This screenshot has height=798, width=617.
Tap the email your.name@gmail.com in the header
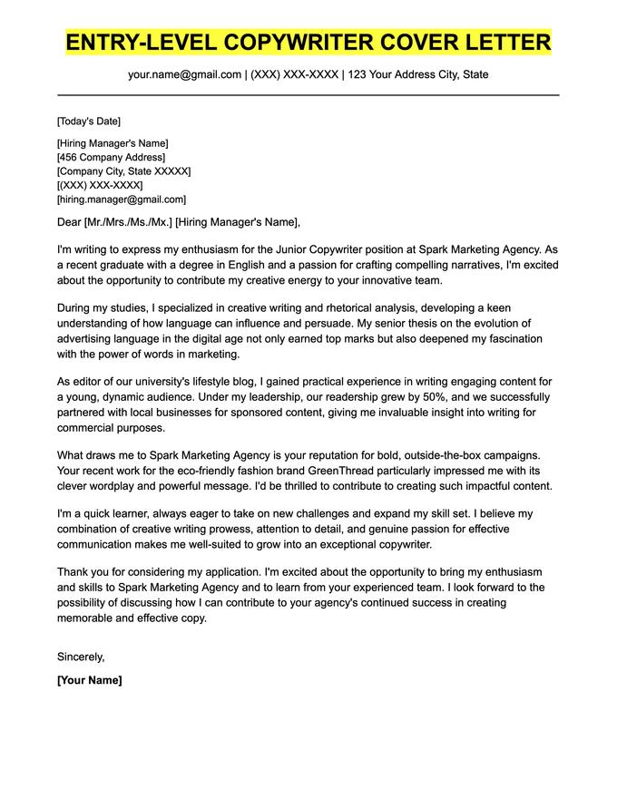click(x=184, y=74)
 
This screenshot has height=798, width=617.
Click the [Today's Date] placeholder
click(x=88, y=122)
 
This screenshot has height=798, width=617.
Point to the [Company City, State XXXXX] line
click(x=123, y=171)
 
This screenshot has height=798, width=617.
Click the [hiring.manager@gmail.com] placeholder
click(x=121, y=199)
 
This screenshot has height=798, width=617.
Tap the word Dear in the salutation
click(x=69, y=222)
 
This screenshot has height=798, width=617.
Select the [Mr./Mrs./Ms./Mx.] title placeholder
click(x=127, y=222)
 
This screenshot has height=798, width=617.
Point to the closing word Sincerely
click(x=81, y=657)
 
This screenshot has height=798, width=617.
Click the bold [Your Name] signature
click(x=89, y=680)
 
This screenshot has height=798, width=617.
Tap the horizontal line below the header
click(x=308, y=94)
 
